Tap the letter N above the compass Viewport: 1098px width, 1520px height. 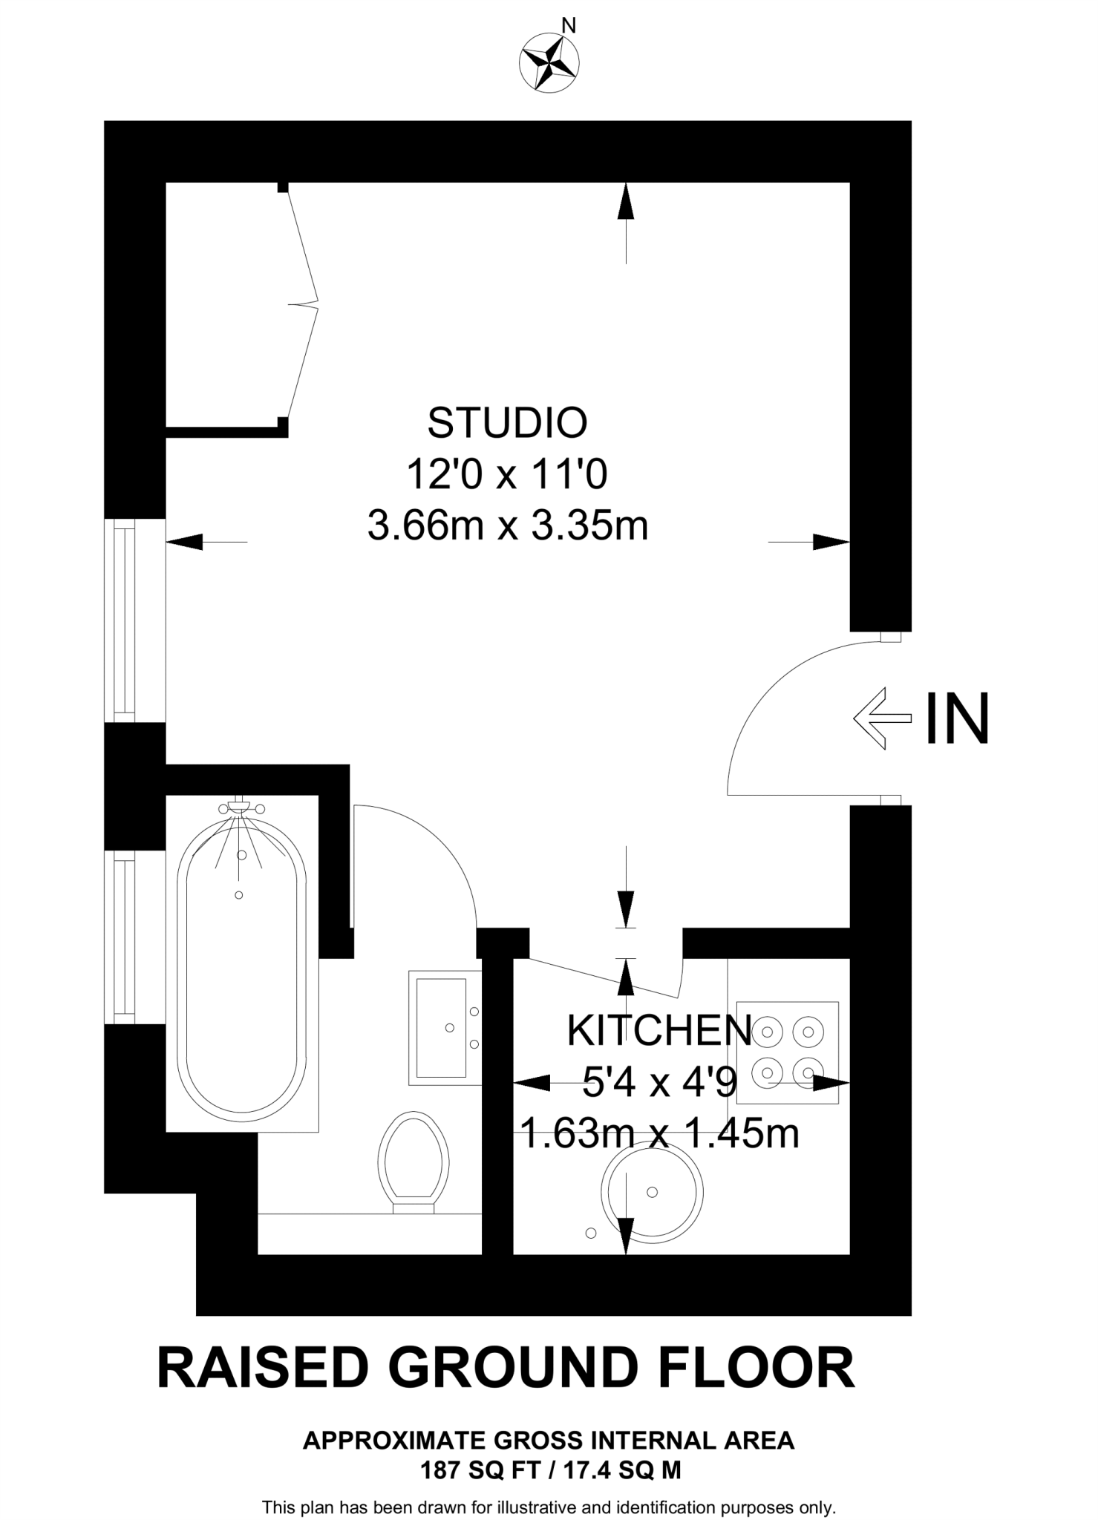(x=569, y=26)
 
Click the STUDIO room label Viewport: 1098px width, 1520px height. (x=507, y=422)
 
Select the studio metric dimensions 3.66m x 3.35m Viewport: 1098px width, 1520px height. (x=508, y=526)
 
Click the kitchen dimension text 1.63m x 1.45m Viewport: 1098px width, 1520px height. (x=659, y=1133)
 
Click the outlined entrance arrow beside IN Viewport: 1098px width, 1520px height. (x=882, y=718)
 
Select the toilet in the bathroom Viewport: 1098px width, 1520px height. (x=414, y=1163)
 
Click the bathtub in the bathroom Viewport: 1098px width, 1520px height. (x=241, y=965)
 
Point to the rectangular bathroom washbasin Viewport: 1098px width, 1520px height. (x=443, y=1027)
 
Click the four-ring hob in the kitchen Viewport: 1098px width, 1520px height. (x=791, y=1051)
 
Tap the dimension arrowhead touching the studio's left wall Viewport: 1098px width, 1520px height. (x=184, y=542)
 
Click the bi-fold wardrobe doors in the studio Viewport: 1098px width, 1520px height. (x=302, y=304)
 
